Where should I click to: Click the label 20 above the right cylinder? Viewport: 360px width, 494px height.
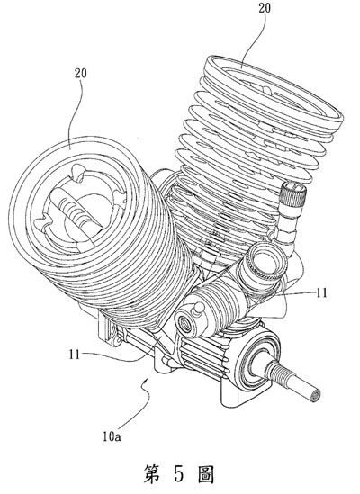(265, 8)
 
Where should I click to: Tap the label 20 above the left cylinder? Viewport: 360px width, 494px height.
(81, 74)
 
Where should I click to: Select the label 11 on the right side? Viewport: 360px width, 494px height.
(321, 293)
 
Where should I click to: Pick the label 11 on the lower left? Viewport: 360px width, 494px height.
(75, 355)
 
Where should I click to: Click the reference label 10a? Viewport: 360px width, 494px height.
(112, 437)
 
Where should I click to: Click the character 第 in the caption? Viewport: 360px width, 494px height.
(151, 474)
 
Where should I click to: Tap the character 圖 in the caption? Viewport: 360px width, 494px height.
(206, 474)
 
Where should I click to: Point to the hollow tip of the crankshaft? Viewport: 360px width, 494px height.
(315, 394)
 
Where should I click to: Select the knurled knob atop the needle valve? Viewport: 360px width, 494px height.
(293, 195)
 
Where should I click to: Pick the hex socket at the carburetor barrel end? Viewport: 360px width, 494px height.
(185, 324)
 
